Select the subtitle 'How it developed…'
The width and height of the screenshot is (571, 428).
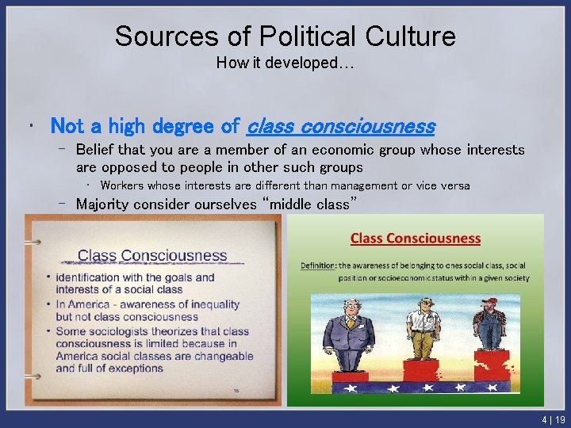[x=285, y=63]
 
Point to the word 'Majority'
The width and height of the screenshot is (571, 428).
[x=104, y=204]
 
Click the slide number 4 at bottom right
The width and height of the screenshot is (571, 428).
[x=545, y=420]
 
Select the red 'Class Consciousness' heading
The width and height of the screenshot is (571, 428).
[x=416, y=238]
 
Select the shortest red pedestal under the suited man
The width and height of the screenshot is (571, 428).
[x=350, y=380]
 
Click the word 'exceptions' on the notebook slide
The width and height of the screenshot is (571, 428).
[x=147, y=369]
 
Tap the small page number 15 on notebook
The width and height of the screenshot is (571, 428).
[x=235, y=391]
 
